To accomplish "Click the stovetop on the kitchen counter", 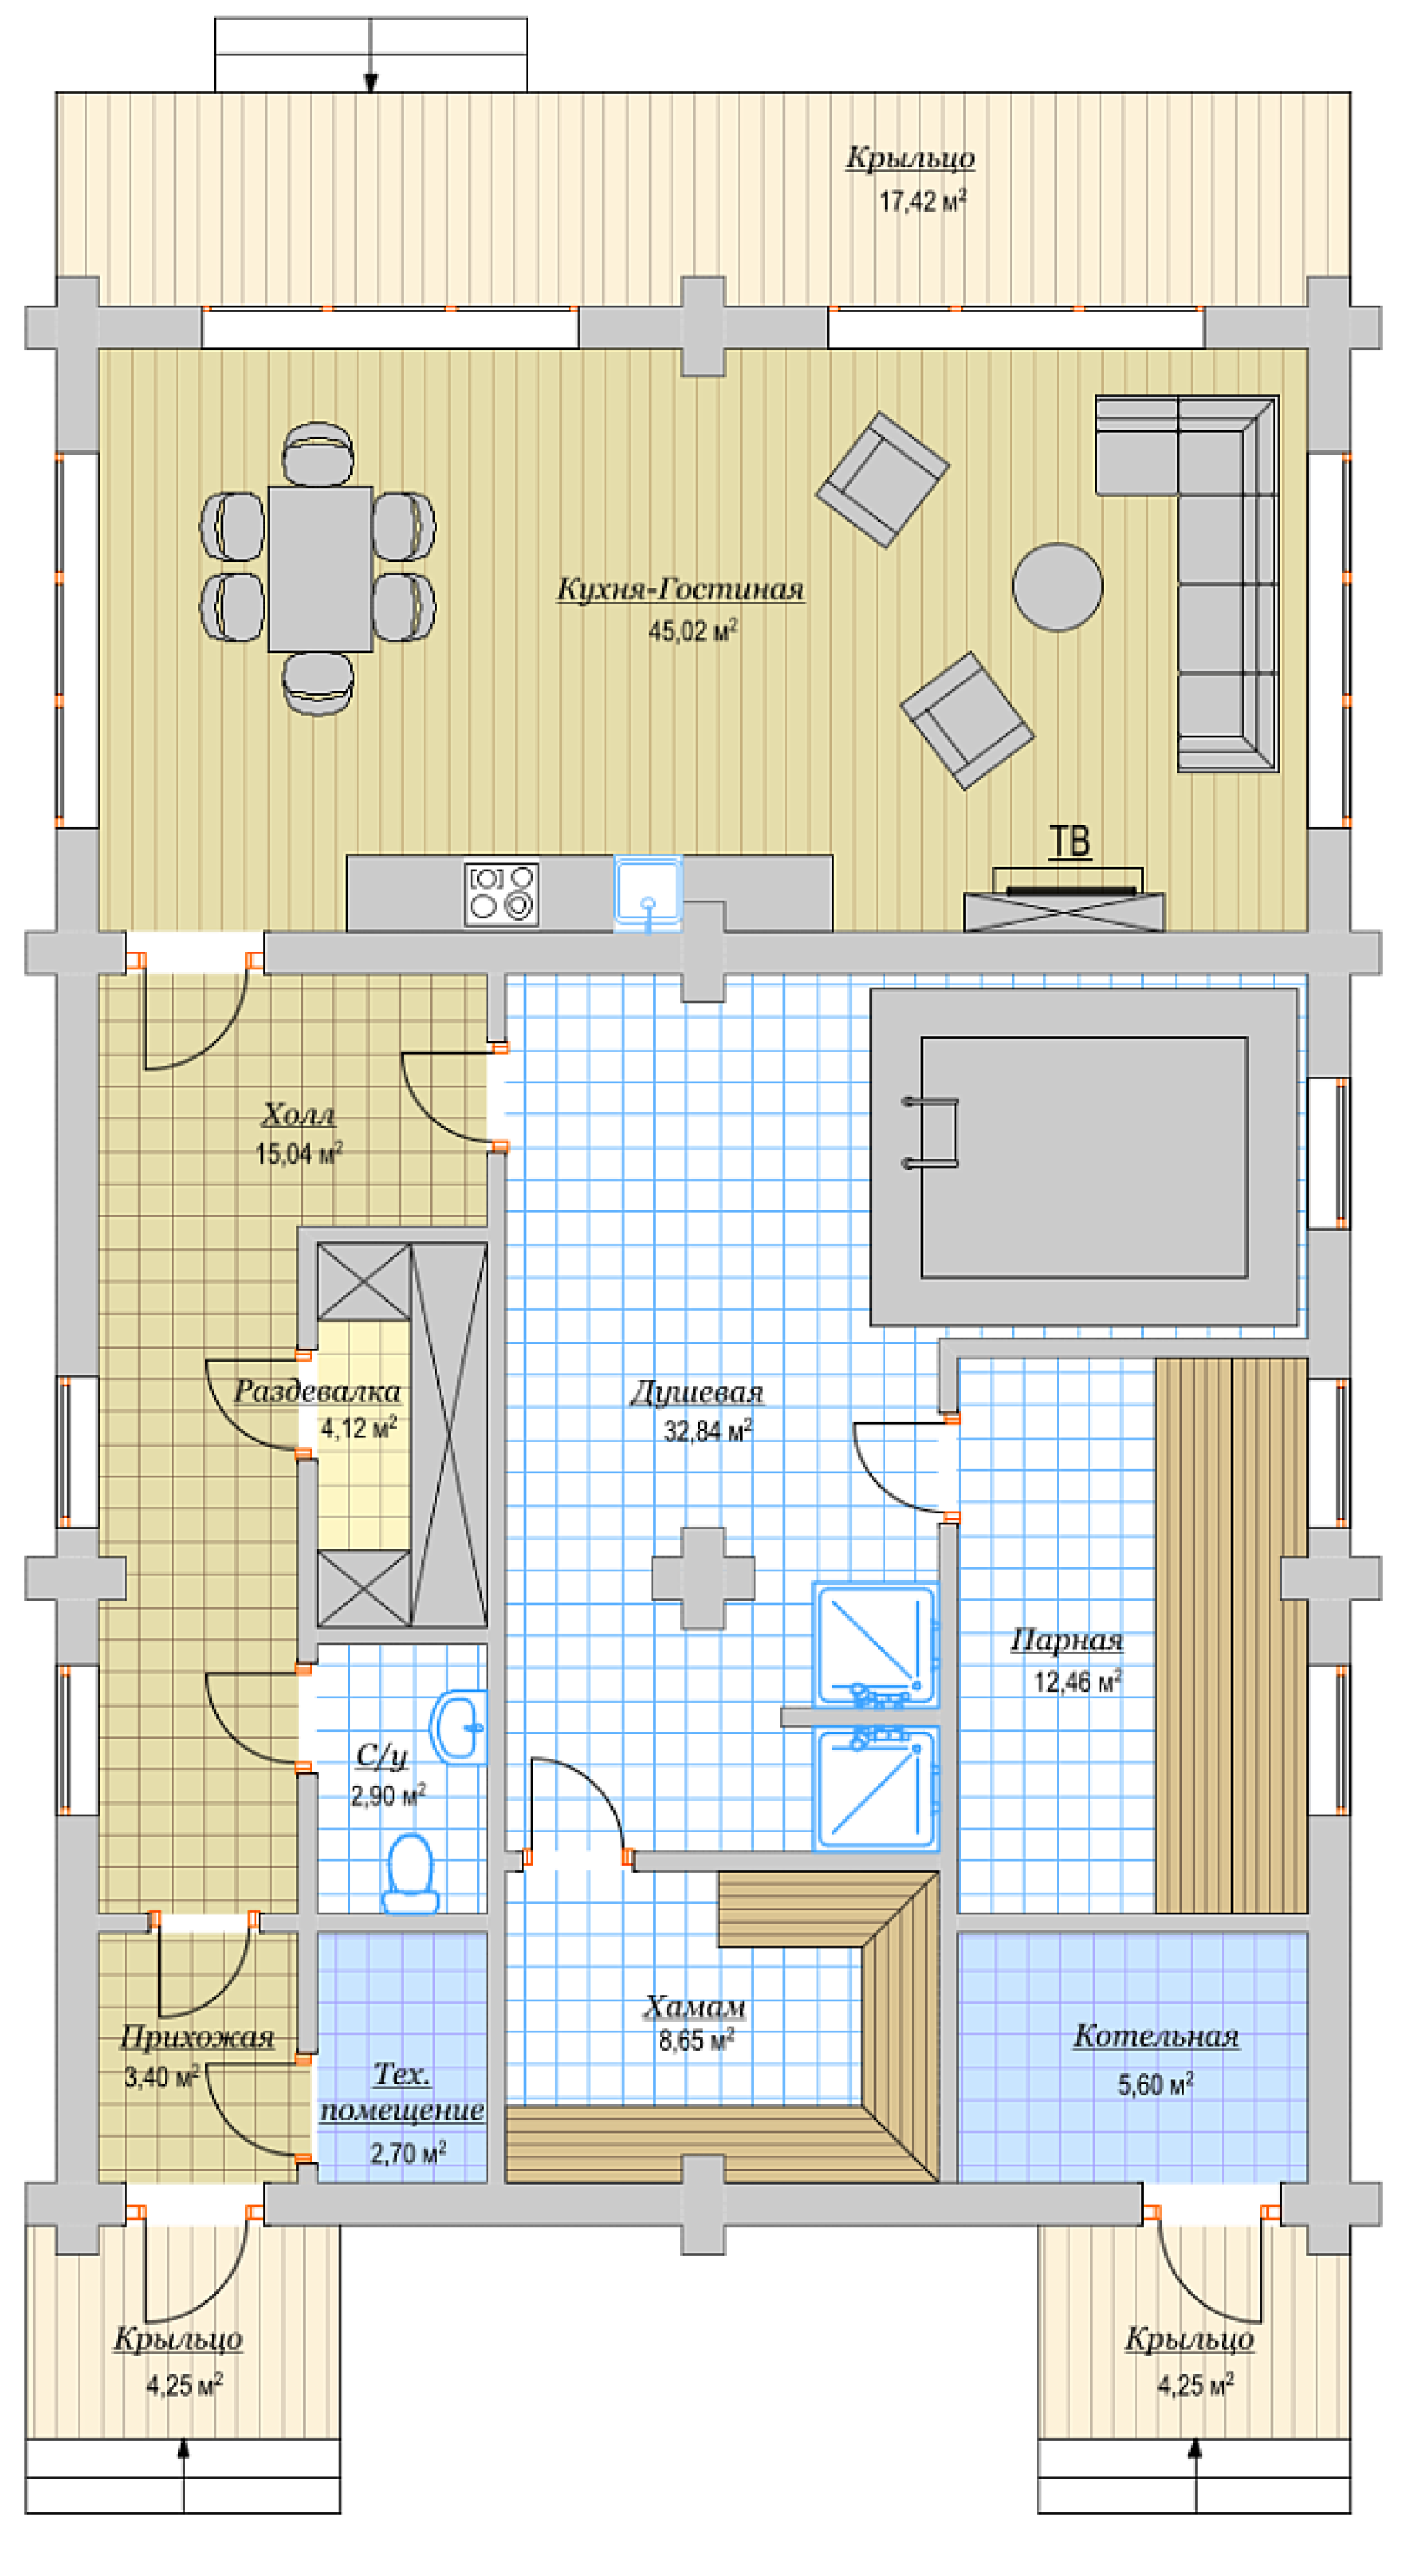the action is (x=502, y=893).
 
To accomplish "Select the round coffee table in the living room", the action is (x=1058, y=586).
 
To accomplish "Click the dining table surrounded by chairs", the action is (x=320, y=568).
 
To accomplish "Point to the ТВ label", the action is (x=1070, y=840).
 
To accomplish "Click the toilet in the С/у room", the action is (x=410, y=1873).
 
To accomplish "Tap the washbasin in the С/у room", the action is (x=459, y=1728).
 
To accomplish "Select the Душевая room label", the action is (x=697, y=1392).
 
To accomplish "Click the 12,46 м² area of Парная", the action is (x=1077, y=1681).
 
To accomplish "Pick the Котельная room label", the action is (x=1156, y=2036).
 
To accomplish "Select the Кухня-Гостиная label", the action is (x=680, y=589).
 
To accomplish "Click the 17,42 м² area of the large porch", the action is (x=922, y=201).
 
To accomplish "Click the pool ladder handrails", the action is (x=931, y=1132).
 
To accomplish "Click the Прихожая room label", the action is (x=197, y=2037).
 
